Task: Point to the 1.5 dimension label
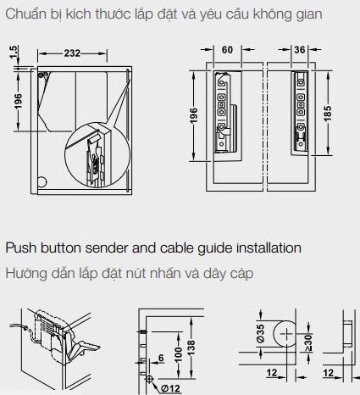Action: pos(14,53)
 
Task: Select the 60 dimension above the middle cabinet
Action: pos(226,50)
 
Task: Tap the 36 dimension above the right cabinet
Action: pos(299,50)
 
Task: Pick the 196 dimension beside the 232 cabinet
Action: pos(18,102)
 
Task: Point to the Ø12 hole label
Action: pos(167,388)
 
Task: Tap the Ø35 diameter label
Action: pos(259,334)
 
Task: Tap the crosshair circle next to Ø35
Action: pos(280,336)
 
